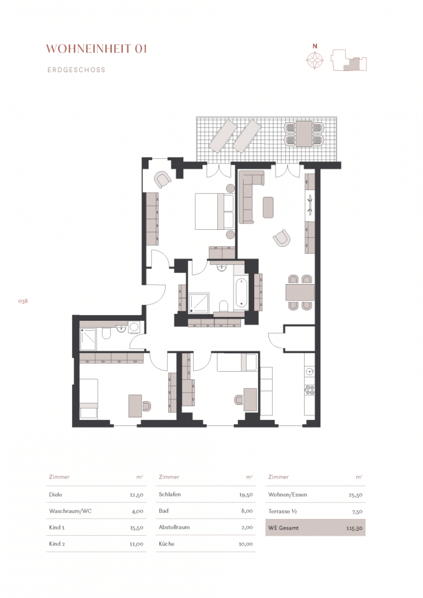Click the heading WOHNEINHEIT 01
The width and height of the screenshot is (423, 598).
(97, 49)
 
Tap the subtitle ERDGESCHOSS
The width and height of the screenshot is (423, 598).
(76, 70)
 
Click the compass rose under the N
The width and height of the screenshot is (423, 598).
(315, 60)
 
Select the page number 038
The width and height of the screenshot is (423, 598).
(23, 301)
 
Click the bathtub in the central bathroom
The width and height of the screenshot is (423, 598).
(241, 293)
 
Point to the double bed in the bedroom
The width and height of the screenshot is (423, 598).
(214, 211)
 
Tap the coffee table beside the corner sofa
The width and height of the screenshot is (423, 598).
(268, 207)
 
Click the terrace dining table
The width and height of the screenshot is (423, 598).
(304, 133)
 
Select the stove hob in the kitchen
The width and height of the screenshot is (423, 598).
(310, 390)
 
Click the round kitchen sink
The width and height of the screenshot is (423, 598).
(310, 371)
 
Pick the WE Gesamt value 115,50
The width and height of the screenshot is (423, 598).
(354, 529)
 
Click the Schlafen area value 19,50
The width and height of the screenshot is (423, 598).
(245, 495)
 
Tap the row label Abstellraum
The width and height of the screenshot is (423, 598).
(174, 528)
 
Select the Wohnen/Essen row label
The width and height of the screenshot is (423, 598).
(288, 495)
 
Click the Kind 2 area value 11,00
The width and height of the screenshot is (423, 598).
(136, 544)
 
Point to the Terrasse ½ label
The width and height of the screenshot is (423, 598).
(283, 511)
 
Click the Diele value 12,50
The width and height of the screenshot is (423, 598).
(136, 495)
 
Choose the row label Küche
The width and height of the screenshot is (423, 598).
(167, 544)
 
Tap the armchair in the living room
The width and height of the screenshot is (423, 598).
(282, 238)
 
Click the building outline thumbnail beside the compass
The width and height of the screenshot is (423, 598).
(349, 60)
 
